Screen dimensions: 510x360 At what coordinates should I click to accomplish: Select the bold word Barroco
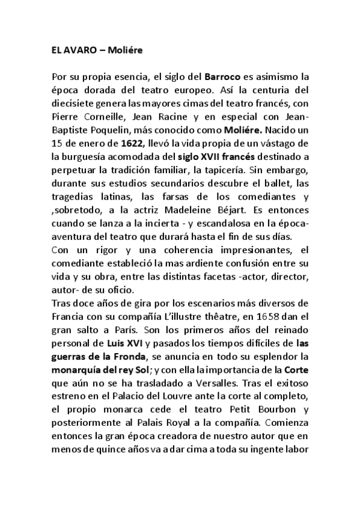(222, 78)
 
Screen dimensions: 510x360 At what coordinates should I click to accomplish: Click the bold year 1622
(132, 144)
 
